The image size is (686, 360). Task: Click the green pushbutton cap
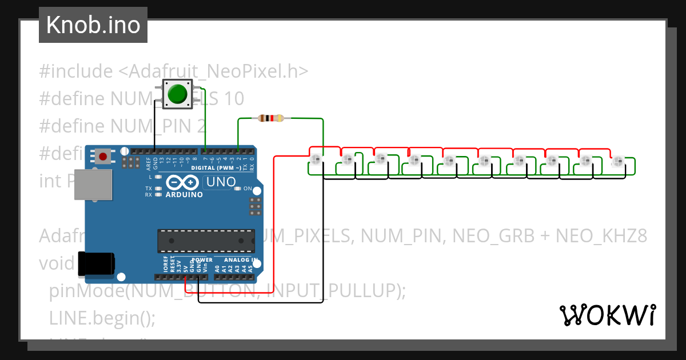tap(178, 93)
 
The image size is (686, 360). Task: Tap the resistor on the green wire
tap(270, 118)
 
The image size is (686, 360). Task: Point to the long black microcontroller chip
tap(206, 241)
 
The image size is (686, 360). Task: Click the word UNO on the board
tap(220, 182)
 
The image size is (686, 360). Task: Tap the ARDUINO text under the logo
tap(184, 194)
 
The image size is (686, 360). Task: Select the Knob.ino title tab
tap(93, 25)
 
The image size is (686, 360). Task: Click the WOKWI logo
tap(607, 315)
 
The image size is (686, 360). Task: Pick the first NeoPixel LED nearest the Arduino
tap(317, 158)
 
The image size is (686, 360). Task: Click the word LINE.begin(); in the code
tap(102, 317)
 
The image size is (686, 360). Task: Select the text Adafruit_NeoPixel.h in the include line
tap(213, 71)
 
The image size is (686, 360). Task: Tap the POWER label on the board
tap(202, 259)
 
